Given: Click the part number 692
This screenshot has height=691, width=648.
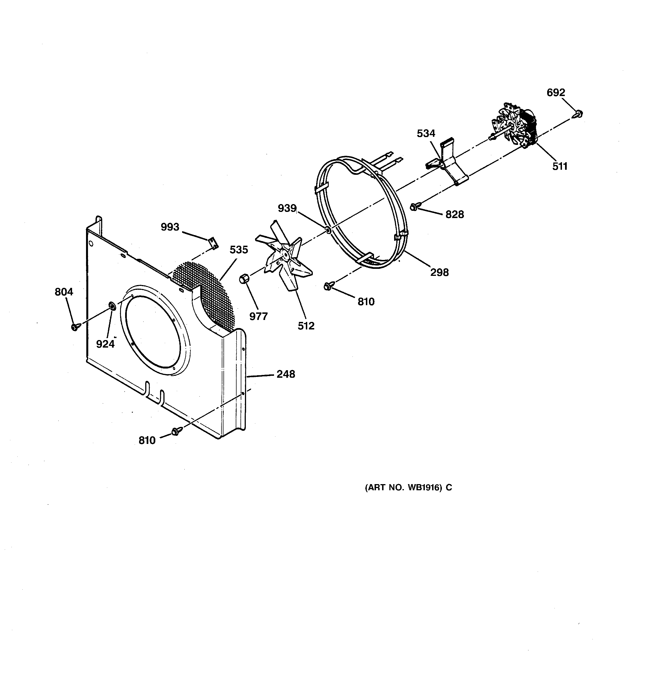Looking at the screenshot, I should [556, 92].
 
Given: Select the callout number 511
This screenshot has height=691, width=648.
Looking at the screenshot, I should [560, 166].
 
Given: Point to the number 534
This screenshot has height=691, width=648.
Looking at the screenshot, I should [426, 133].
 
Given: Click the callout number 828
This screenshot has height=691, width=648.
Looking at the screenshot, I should [455, 215].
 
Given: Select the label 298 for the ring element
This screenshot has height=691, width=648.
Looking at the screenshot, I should [439, 272].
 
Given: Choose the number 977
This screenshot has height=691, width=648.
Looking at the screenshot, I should [258, 317].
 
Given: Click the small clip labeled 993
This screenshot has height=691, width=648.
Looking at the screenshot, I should [213, 243].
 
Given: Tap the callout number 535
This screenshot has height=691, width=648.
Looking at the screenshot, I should [239, 250].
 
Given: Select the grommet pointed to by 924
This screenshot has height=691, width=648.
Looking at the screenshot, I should [113, 306].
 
